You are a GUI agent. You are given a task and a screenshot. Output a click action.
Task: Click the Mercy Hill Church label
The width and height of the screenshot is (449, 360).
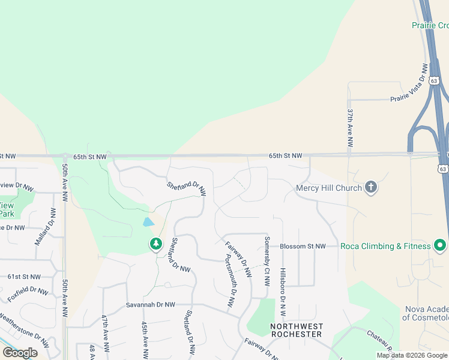click(329, 188)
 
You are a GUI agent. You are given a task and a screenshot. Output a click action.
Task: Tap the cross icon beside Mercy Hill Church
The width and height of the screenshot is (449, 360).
click(371, 187)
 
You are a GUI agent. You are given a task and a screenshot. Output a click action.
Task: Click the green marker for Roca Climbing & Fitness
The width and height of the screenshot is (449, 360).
click(440, 245)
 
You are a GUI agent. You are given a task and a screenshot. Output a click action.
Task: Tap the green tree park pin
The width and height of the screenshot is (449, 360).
click(156, 244)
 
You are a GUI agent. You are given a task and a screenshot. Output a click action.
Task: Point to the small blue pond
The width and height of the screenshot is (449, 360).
click(148, 222)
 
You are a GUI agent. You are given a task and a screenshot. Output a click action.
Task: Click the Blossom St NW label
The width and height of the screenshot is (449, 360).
click(303, 246)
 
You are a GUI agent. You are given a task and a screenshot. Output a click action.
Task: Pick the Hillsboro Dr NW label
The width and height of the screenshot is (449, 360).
click(283, 292)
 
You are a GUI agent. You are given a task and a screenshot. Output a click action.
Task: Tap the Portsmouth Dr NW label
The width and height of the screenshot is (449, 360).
click(230, 281)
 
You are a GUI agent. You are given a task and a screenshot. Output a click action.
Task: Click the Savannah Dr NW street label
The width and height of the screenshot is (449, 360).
click(150, 305)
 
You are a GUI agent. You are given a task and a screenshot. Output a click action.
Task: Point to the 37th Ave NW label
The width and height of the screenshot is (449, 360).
click(350, 128)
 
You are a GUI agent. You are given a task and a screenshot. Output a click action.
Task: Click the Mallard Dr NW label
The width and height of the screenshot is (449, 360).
click(46, 226)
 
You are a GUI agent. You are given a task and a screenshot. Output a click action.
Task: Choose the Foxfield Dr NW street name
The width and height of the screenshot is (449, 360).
click(28, 295)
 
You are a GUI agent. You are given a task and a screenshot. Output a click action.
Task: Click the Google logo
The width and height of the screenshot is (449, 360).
click(20, 353)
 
